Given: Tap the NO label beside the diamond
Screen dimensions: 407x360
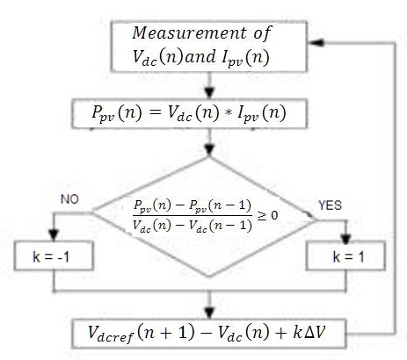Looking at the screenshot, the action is pyautogui.click(x=69, y=199).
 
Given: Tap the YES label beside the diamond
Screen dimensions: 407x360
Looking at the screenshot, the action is pyautogui.click(x=330, y=205).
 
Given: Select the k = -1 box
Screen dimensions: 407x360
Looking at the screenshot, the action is pyautogui.click(x=54, y=256).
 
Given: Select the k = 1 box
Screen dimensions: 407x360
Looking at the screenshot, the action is pyautogui.click(x=345, y=256).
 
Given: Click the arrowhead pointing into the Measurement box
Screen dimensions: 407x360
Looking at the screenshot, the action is pyautogui.click(x=316, y=43).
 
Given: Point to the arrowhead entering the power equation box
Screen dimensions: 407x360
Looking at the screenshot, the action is pyautogui.click(x=209, y=93).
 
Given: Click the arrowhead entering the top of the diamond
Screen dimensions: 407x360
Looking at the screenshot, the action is pyautogui.click(x=209, y=150).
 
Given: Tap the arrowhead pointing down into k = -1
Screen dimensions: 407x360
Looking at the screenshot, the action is pyautogui.click(x=54, y=235).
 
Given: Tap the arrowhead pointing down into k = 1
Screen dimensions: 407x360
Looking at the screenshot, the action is pyautogui.click(x=346, y=239).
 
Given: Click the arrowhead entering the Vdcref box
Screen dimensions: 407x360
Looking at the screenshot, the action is pyautogui.click(x=209, y=313).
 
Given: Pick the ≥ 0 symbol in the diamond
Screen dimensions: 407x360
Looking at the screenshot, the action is pyautogui.click(x=267, y=215).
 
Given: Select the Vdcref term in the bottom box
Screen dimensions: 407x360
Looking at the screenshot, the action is pyautogui.click(x=111, y=334).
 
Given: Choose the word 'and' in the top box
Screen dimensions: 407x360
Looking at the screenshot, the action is pyautogui.click(x=200, y=55).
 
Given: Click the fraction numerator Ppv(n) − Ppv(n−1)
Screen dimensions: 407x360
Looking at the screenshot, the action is pyautogui.click(x=193, y=206).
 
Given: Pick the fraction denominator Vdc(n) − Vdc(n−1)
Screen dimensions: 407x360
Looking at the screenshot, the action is pyautogui.click(x=193, y=226).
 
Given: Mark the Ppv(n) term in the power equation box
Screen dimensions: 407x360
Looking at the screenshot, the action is pyautogui.click(x=117, y=113).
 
